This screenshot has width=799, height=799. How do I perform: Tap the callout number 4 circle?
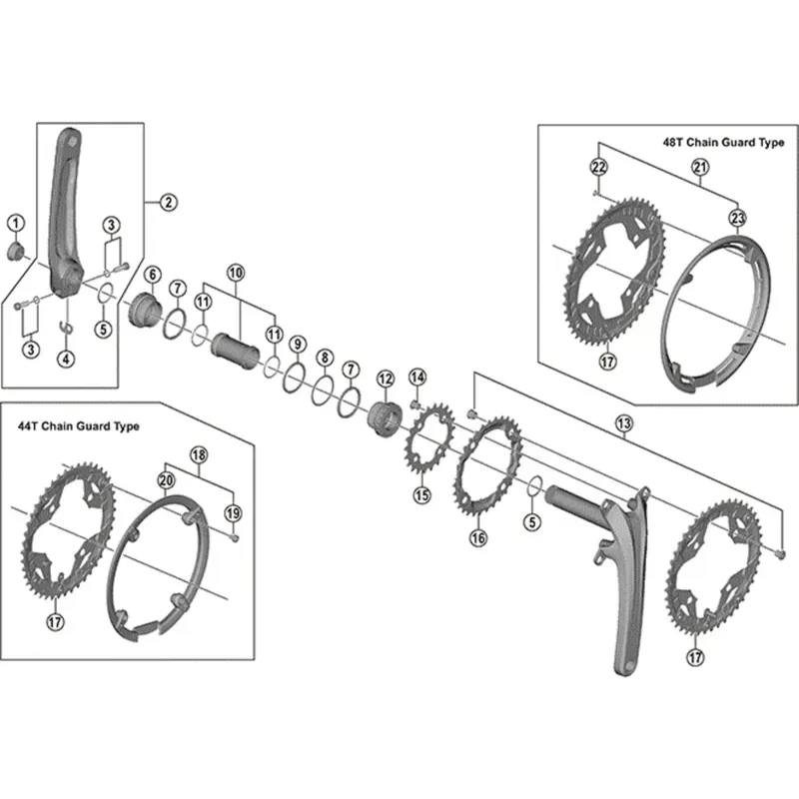tap(66, 359)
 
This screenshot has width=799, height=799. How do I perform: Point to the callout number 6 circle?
tap(152, 275)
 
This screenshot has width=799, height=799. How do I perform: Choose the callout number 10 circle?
tap(236, 272)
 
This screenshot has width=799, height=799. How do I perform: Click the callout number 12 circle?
tap(386, 379)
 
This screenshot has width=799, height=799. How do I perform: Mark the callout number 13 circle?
tap(624, 423)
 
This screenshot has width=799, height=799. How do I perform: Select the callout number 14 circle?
tap(417, 377)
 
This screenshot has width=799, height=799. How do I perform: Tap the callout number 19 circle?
tap(234, 513)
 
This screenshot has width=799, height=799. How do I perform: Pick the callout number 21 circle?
tap(700, 168)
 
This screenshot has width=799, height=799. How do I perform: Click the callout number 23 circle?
tap(737, 218)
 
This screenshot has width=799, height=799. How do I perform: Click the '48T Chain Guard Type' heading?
tap(723, 143)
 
